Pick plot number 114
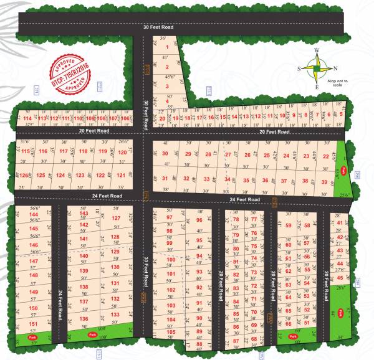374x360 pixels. click(26, 118)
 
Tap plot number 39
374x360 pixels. click(324, 181)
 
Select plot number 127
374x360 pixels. click(115, 219)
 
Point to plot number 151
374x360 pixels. click(34, 324)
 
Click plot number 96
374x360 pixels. click(199, 220)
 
